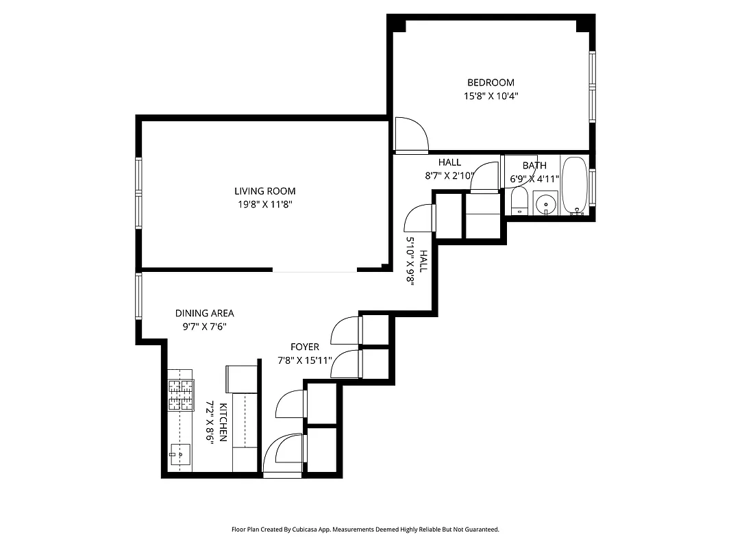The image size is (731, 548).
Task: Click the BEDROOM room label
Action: coord(490,83)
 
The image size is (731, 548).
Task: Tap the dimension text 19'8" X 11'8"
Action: coord(265,204)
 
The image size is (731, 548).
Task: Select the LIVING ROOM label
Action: coord(265,191)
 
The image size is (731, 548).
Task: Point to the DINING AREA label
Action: coord(204,313)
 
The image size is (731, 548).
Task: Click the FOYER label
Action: coord(304,347)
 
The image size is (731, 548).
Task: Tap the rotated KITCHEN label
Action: coord(223,423)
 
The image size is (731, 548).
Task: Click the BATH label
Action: coord(534,165)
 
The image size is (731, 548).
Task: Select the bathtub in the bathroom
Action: coord(574,185)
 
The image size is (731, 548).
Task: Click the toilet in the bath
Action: coord(519,201)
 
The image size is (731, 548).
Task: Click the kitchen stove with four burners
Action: coord(181,396)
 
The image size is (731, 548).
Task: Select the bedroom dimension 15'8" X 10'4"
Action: coord(490,97)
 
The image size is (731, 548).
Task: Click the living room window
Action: coord(138,192)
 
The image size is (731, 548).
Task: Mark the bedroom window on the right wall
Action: coord(593,87)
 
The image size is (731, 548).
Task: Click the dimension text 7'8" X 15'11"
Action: coord(304,360)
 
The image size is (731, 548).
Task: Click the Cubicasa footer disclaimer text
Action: coord(365,529)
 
